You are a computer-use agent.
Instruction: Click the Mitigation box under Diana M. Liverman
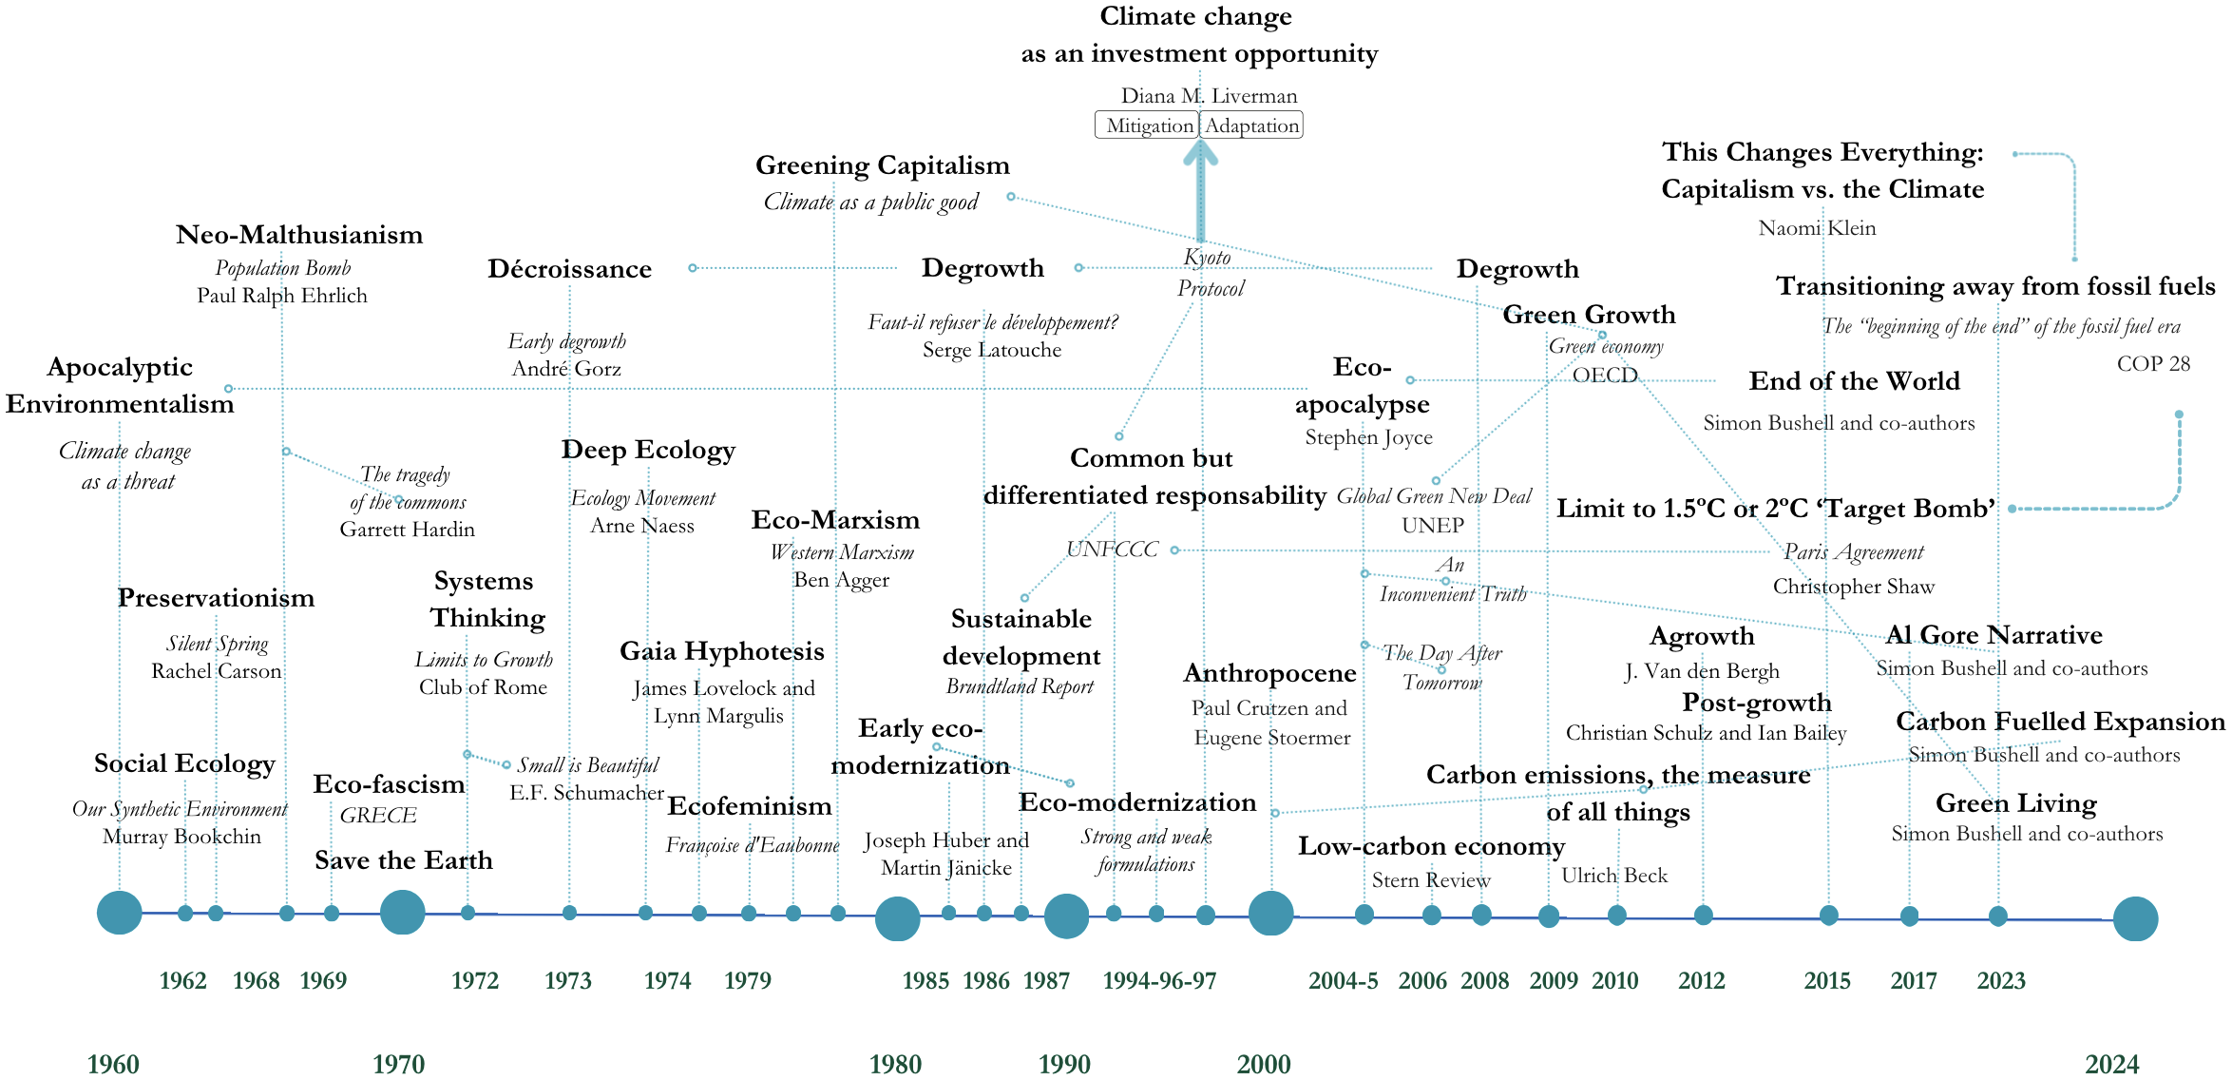tap(1147, 125)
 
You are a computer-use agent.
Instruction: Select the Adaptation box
tap(1251, 125)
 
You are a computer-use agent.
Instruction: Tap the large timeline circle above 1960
tap(120, 913)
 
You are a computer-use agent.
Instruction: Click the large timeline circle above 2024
tap(2135, 919)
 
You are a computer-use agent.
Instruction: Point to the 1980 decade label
tap(895, 1064)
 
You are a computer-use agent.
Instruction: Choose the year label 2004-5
tap(1343, 980)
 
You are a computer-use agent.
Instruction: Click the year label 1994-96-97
tap(1159, 980)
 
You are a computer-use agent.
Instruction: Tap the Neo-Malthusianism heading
tap(299, 235)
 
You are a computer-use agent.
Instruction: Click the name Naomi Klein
tap(1817, 228)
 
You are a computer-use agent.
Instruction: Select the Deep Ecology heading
tap(648, 450)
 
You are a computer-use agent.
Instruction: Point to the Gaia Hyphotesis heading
tap(722, 651)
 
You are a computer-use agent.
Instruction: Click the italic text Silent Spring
tap(217, 645)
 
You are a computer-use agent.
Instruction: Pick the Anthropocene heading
tap(1269, 673)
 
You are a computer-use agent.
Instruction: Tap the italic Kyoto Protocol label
tap(1210, 272)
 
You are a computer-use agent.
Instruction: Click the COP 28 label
tap(2153, 364)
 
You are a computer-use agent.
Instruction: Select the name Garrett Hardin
tap(407, 530)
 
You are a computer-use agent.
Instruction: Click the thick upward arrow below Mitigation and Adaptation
tap(1201, 190)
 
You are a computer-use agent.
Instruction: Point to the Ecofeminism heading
tap(750, 806)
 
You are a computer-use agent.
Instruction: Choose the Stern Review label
tap(1431, 880)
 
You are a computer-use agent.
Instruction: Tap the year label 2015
tap(1827, 980)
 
